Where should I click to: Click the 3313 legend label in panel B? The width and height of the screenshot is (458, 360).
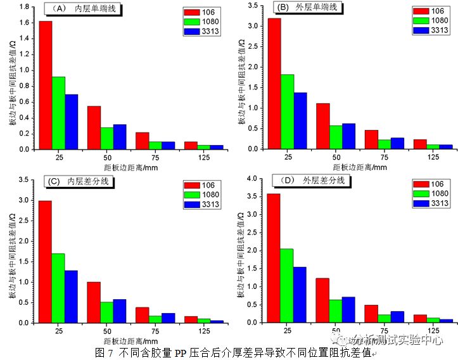coord(439,30)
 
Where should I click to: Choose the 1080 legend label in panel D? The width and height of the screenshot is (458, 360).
coord(439,193)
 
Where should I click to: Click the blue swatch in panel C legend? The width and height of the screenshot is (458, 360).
coord(192,203)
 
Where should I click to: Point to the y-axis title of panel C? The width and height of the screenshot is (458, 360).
coord(12,250)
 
